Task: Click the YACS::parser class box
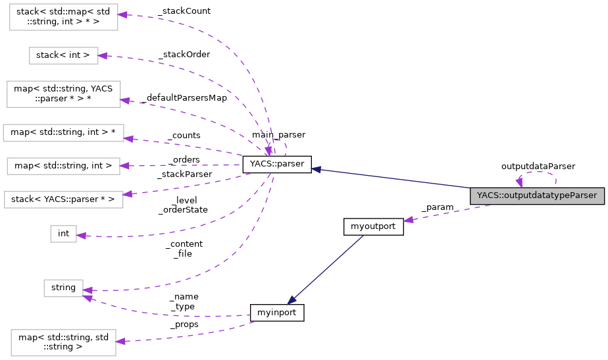276,165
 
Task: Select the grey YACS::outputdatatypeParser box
536,195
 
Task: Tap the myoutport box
373,226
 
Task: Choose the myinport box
277,313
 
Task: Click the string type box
63,288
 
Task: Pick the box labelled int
63,233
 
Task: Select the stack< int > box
63,55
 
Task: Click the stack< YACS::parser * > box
63,199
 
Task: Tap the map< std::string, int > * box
63,132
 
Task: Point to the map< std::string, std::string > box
63,343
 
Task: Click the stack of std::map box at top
63,17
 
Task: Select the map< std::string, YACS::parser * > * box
63,94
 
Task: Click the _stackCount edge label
180,12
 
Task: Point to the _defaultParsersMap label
184,98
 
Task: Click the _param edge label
438,207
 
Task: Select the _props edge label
184,324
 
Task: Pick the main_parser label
278,135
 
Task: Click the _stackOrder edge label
184,55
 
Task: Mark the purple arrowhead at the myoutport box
408,220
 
